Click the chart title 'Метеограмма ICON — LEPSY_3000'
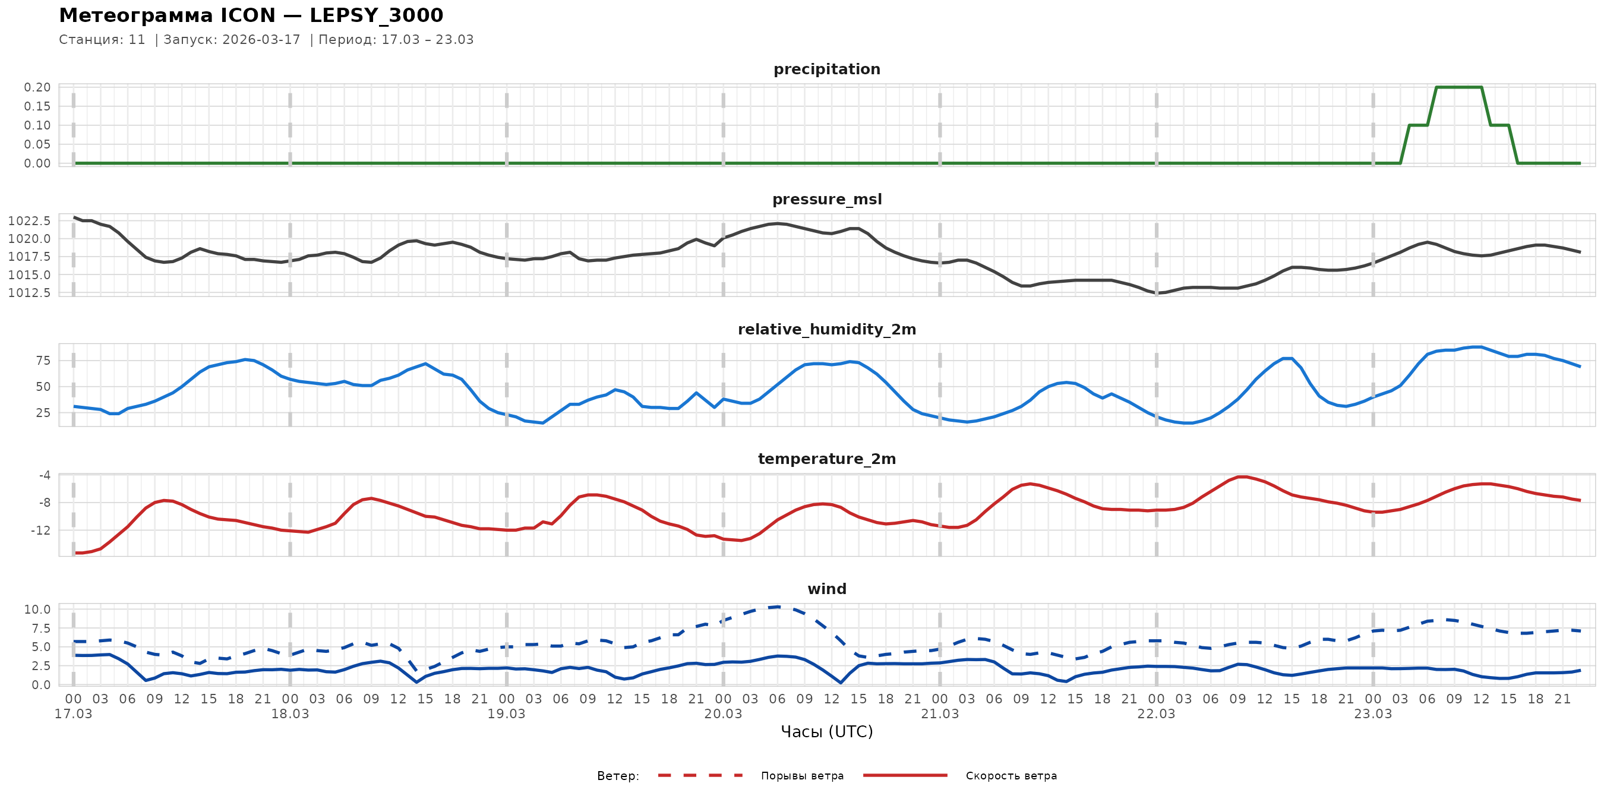[251, 15]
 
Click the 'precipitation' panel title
[826, 69]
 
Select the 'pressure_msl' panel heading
[826, 199]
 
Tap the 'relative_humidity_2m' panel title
[826, 329]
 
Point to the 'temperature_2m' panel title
[826, 459]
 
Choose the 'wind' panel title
[826, 589]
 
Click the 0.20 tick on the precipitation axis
[37, 87]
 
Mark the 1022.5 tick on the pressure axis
[29, 221]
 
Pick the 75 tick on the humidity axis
[43, 361]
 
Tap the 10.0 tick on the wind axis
[37, 610]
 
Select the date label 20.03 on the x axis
[723, 714]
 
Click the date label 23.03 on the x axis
[1373, 714]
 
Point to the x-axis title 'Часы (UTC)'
[826, 732]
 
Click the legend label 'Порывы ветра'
[802, 776]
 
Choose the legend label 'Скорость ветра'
[1011, 776]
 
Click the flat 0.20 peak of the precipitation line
[1458, 87]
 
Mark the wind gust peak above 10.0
[778, 607]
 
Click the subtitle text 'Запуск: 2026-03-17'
[232, 40]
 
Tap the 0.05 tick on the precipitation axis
[37, 144]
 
